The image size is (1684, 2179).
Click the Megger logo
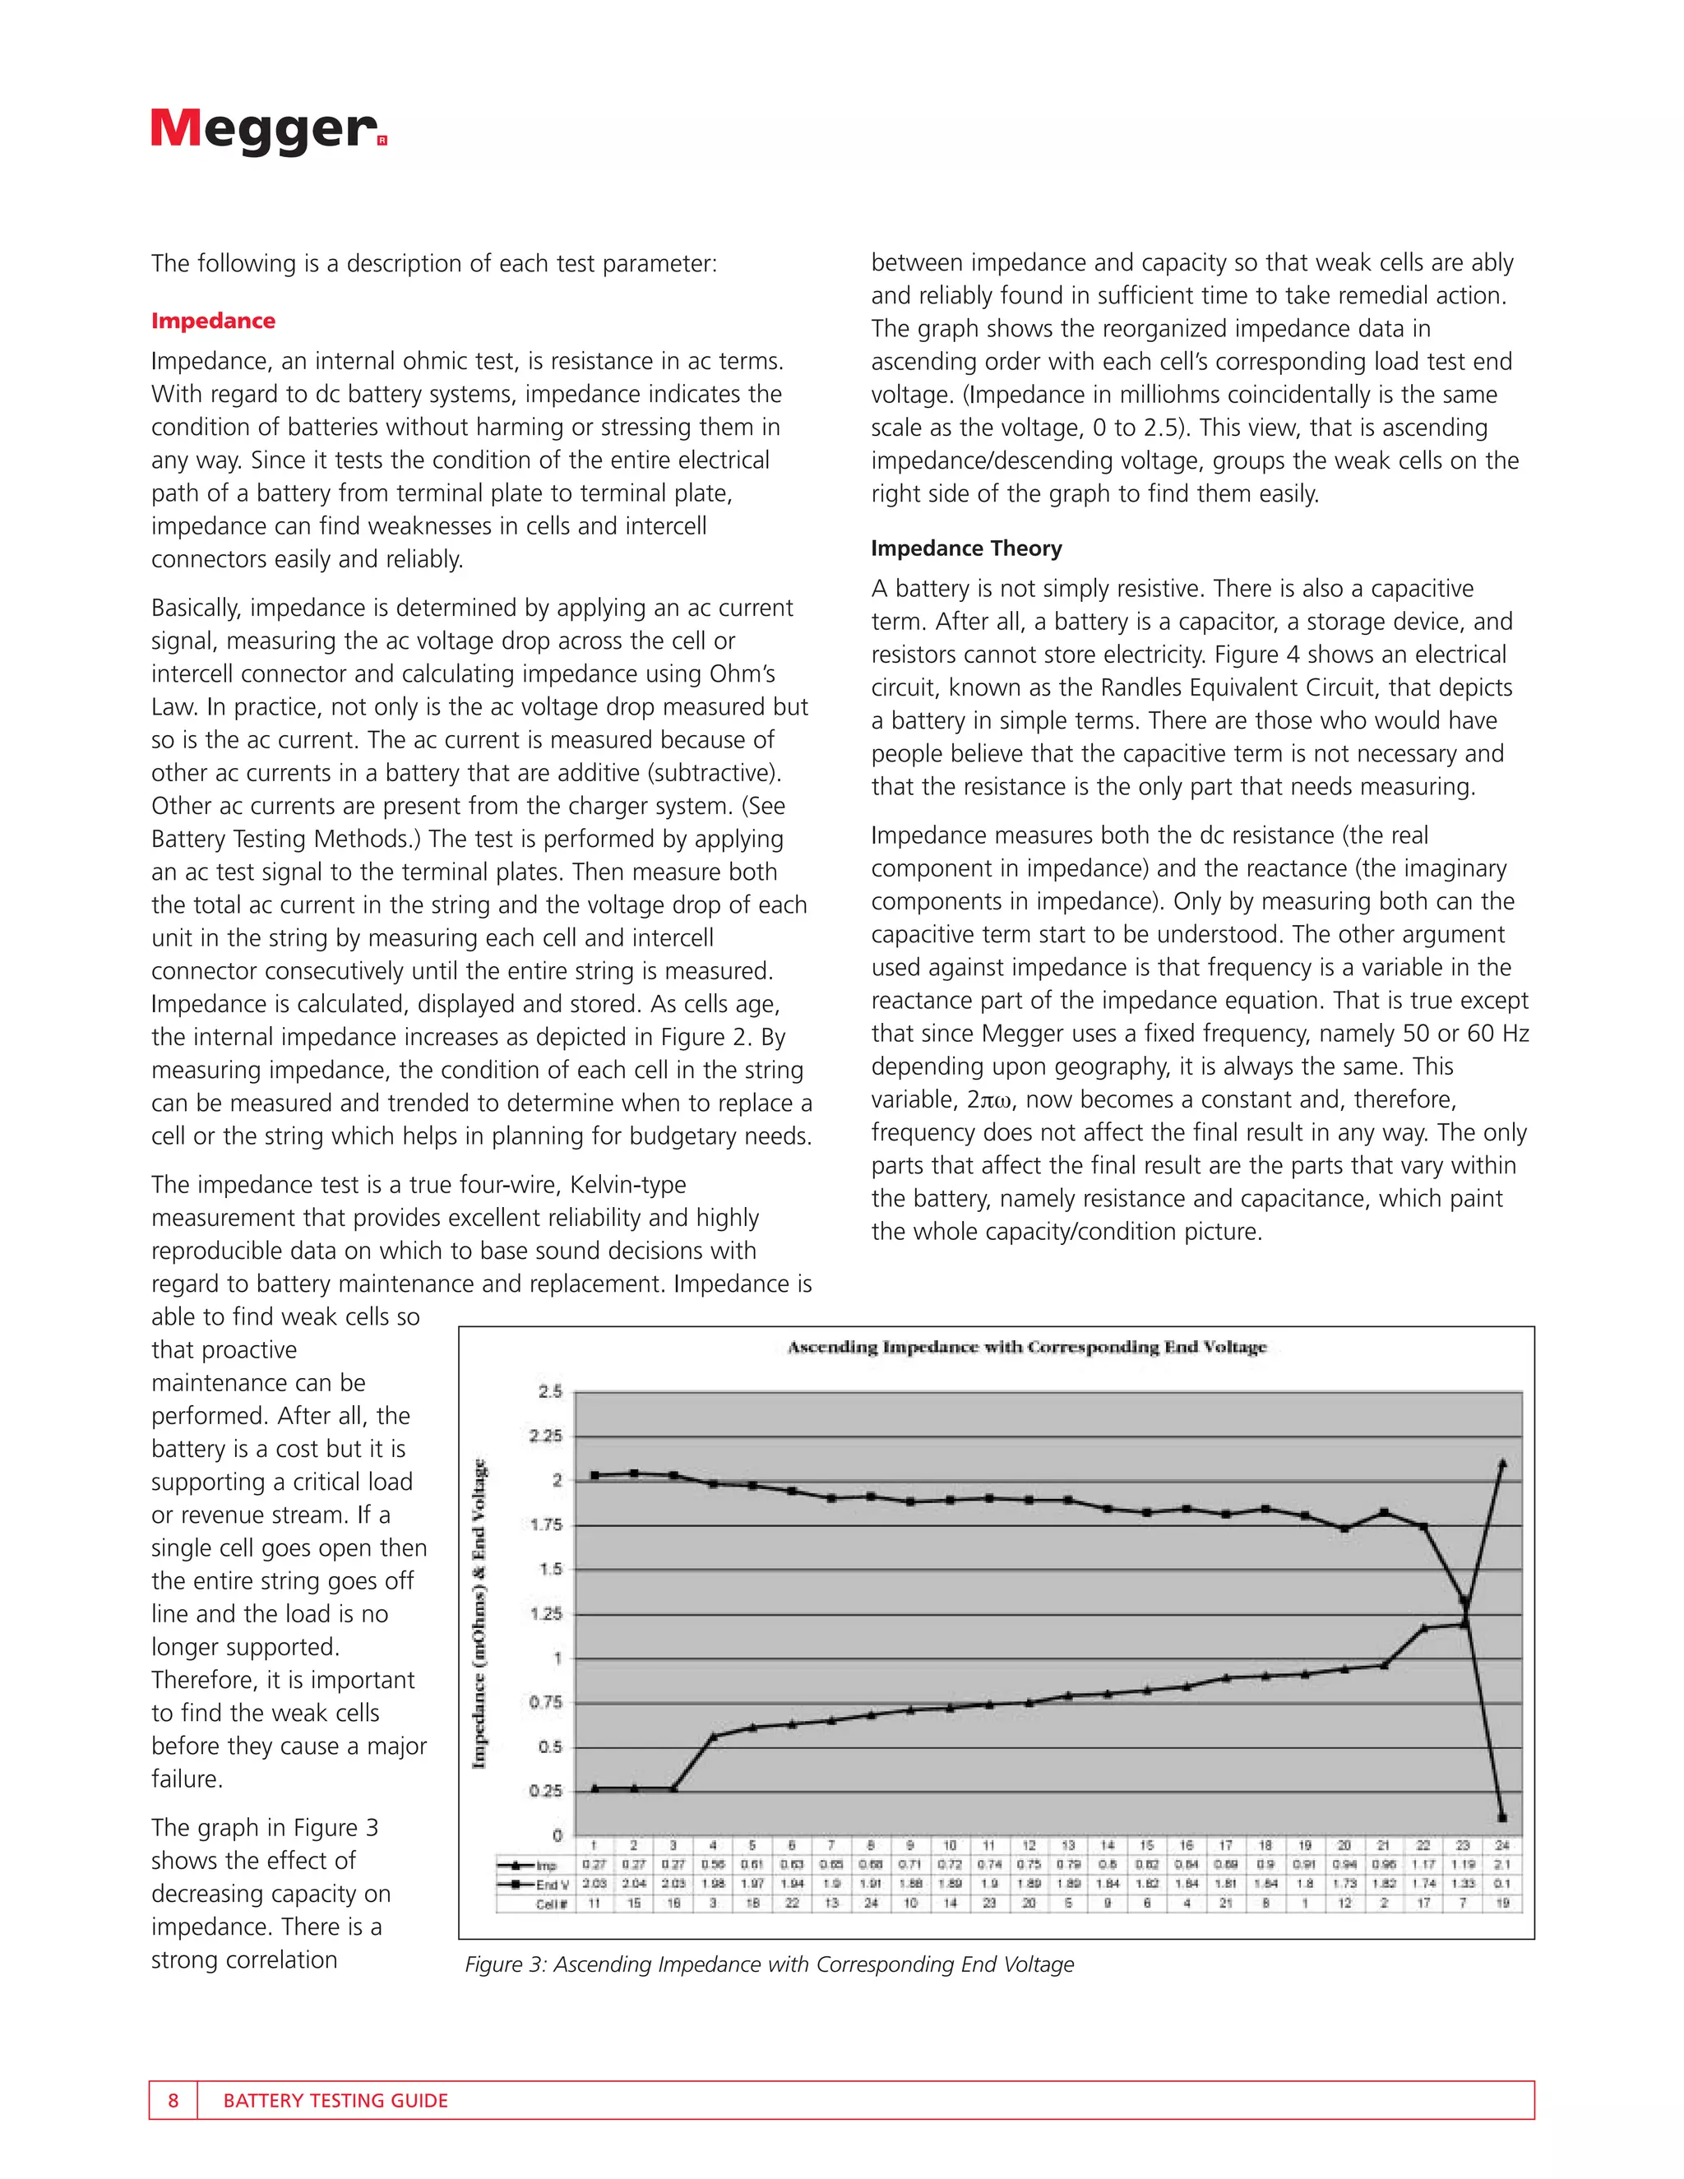(x=268, y=129)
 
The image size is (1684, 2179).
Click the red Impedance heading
(x=212, y=320)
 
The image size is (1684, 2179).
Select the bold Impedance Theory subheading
(x=965, y=548)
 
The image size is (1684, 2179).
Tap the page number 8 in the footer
(x=173, y=2100)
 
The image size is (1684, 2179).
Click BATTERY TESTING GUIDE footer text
(x=335, y=2100)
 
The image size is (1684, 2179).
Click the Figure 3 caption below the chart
(x=769, y=1964)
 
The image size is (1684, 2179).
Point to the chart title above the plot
(x=1026, y=1347)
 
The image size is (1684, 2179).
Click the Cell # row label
(x=551, y=1903)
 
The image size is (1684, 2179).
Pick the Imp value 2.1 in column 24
(x=1502, y=1865)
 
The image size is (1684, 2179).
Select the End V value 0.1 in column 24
(x=1502, y=1884)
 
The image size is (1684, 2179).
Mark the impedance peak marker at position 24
(x=1502, y=1464)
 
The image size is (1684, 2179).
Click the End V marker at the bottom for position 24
(x=1502, y=1818)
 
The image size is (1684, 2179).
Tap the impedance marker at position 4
(x=713, y=1736)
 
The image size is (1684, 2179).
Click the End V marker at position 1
(x=594, y=1474)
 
